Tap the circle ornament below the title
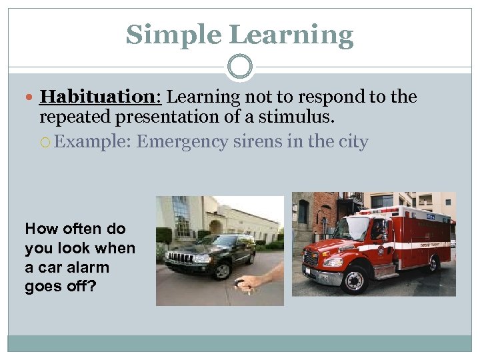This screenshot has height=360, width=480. [x=239, y=67]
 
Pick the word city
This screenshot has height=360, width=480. [x=351, y=142]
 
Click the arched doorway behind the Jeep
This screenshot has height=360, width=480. [x=216, y=227]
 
